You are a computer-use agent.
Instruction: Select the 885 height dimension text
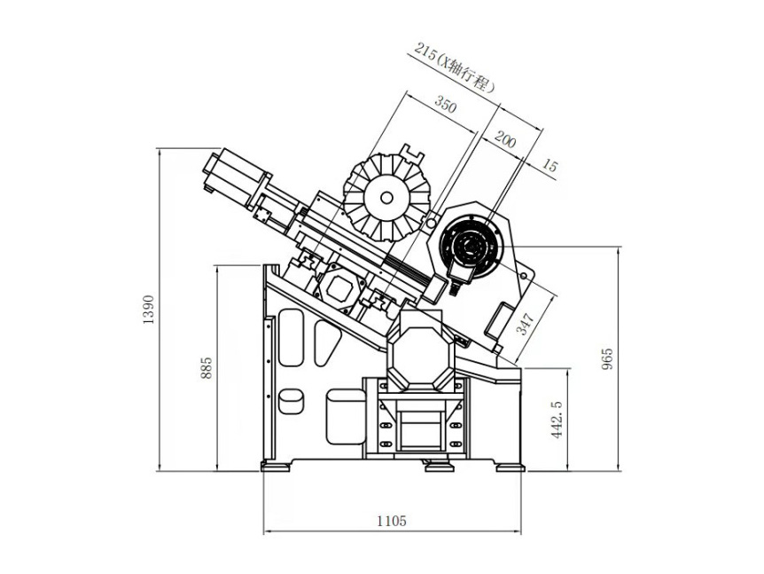(207, 368)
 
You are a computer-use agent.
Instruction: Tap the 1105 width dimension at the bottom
(391, 521)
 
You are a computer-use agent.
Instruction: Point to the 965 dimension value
(607, 358)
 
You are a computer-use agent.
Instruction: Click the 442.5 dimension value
(557, 418)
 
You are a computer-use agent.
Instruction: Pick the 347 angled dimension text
(526, 324)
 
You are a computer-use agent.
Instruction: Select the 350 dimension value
(445, 106)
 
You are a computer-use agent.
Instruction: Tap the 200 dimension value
(504, 140)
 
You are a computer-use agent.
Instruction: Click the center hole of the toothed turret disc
(386, 200)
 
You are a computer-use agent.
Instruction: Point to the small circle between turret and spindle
(432, 217)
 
